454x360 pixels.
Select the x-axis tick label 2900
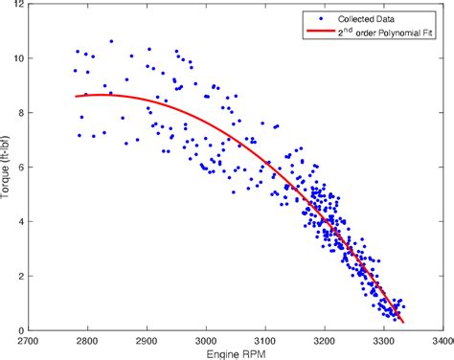click(x=148, y=340)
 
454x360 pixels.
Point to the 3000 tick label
click(x=207, y=340)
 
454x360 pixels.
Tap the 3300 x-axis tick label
click(x=384, y=340)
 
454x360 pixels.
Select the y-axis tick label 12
click(x=19, y=4)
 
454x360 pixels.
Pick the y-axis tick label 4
click(x=22, y=221)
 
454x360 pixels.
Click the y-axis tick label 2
click(x=22, y=276)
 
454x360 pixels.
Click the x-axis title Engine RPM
click(x=236, y=353)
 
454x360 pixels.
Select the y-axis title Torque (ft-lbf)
click(x=8, y=168)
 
